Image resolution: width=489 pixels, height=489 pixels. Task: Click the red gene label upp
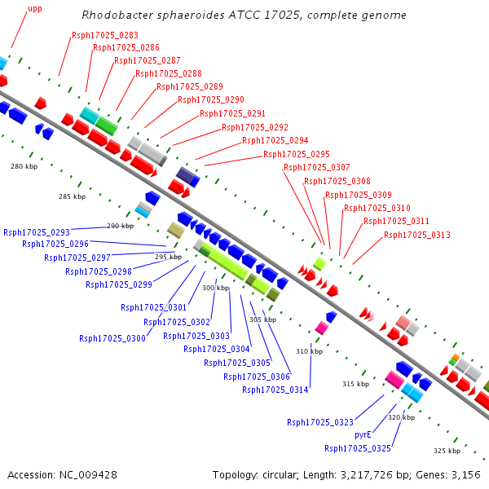click(35, 9)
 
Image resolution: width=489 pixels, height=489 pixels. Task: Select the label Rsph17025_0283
click(105, 35)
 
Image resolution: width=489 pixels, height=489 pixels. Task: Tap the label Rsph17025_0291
click(232, 113)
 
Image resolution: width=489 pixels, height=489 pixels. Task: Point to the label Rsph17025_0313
click(417, 235)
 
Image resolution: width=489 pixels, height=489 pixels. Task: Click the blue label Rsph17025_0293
click(37, 232)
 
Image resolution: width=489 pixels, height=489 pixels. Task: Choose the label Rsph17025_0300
click(112, 338)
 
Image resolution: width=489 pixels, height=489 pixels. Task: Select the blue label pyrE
click(363, 434)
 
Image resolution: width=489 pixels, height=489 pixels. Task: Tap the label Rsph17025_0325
click(358, 448)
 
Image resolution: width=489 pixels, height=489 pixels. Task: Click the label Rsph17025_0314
click(275, 390)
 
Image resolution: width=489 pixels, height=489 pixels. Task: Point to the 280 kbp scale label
click(24, 166)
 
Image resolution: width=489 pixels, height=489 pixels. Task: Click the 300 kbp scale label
click(215, 288)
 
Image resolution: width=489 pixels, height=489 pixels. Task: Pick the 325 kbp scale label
click(447, 451)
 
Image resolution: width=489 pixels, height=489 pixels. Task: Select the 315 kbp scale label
click(356, 384)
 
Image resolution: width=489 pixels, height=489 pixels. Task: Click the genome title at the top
click(244, 15)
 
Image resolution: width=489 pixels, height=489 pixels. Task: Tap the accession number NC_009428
click(88, 475)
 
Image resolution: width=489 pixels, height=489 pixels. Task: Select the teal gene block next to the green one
click(90, 116)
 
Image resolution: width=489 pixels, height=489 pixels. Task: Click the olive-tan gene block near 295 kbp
click(176, 230)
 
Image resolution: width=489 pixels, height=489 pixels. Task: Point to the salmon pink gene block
click(403, 323)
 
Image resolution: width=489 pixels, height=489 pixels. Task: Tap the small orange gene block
click(456, 358)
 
